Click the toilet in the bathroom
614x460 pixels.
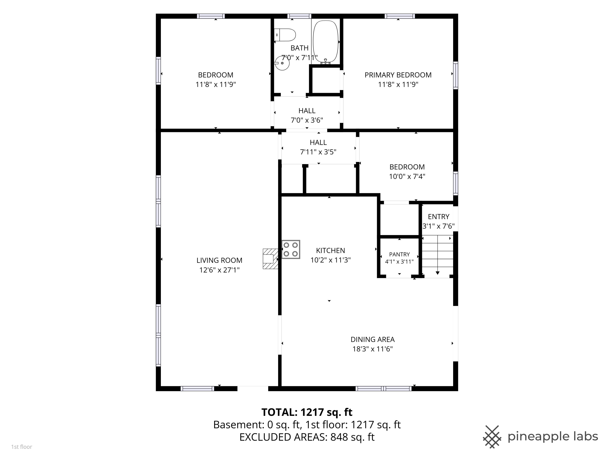(x=285, y=35)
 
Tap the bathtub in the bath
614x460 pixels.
(x=326, y=42)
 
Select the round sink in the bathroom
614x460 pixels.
(x=282, y=63)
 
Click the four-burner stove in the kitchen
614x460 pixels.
(x=291, y=249)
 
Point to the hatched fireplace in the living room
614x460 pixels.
(x=270, y=259)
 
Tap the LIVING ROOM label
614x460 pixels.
(x=219, y=260)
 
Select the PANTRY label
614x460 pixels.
(x=400, y=254)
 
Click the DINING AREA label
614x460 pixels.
(x=372, y=339)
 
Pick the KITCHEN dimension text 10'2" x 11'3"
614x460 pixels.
(x=330, y=260)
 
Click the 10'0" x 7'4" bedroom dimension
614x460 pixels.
(x=407, y=176)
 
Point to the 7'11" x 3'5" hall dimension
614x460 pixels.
(x=318, y=152)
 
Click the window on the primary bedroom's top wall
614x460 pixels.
(x=400, y=16)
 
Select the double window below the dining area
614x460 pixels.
(x=384, y=388)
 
